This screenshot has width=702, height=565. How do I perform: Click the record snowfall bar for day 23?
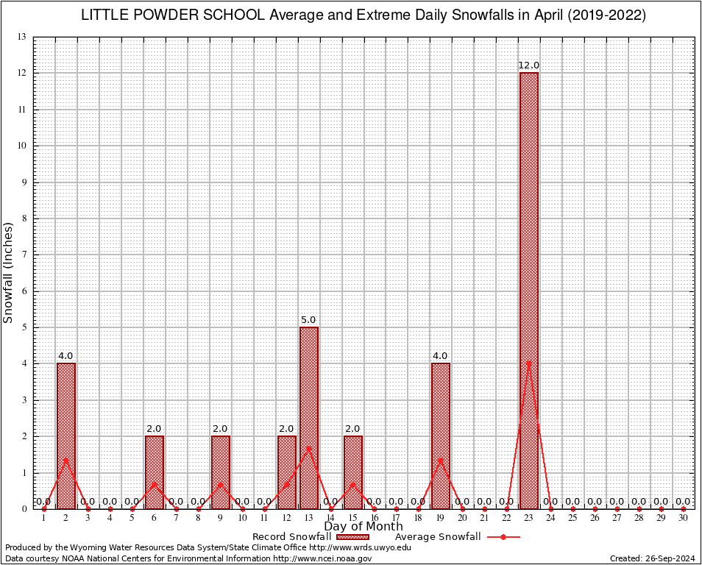click(x=529, y=291)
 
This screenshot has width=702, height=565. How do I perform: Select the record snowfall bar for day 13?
click(x=308, y=418)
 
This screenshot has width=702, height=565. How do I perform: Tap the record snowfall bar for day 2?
click(x=66, y=436)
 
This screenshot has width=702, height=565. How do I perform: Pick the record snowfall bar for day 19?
click(x=441, y=436)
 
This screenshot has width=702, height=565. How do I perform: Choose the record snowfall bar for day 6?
click(x=155, y=472)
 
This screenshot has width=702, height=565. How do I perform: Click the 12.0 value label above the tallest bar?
click(x=529, y=65)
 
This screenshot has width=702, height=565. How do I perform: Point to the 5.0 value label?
click(x=308, y=320)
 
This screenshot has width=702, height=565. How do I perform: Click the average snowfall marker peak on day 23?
click(x=529, y=363)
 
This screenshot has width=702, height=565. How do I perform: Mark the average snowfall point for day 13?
click(x=308, y=448)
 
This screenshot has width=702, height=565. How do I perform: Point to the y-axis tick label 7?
click(x=24, y=255)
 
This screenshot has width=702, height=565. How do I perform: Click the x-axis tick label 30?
click(x=684, y=518)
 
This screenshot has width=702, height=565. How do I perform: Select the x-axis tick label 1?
click(x=44, y=518)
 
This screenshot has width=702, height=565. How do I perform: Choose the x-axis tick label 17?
click(x=397, y=518)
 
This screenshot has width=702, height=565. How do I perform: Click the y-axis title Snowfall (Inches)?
click(x=9, y=272)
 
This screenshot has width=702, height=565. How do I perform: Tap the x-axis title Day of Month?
click(x=364, y=527)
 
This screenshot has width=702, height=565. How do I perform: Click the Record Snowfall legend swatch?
click(x=352, y=537)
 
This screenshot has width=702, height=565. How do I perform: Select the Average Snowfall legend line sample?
click(x=503, y=537)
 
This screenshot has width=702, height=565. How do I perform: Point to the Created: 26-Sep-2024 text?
click(x=653, y=558)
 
